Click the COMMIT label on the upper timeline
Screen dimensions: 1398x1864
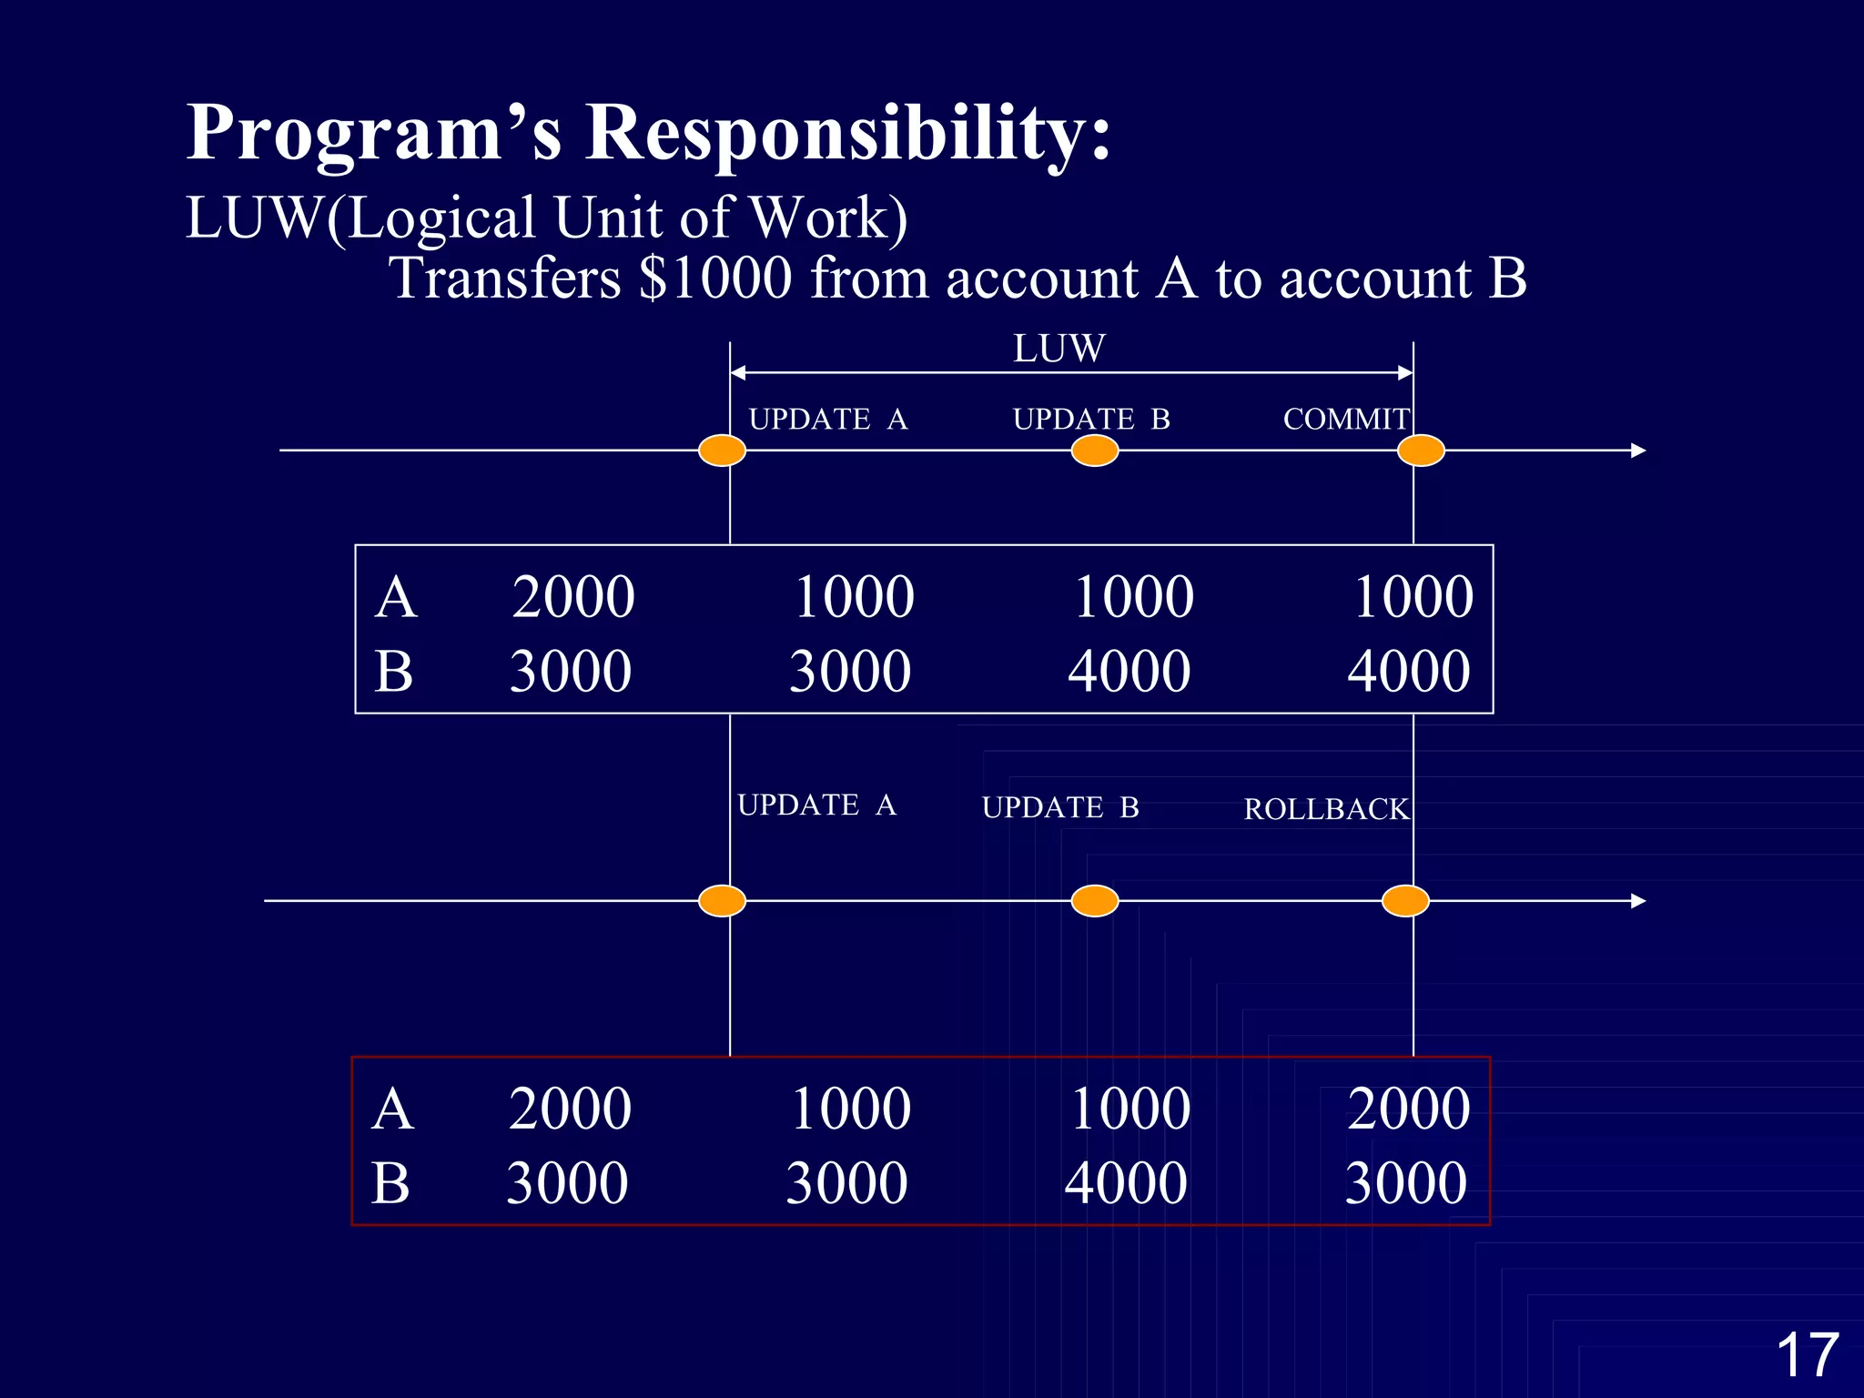[1346, 420]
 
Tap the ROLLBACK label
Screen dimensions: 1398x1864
[1326, 809]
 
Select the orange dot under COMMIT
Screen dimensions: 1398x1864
[1421, 451]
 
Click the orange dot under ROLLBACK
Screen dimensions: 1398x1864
[1405, 901]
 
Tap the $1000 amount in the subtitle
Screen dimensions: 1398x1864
[715, 278]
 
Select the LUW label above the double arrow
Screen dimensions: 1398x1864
[1059, 349]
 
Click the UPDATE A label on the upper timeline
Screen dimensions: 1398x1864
[827, 420]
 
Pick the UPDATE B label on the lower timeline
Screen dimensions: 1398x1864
[1060, 808]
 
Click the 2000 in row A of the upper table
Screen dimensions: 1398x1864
[573, 598]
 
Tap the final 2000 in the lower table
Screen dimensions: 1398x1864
[1409, 1109]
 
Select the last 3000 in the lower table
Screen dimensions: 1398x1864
[1406, 1183]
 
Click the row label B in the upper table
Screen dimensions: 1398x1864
[394, 673]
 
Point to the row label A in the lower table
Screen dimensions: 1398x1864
[393, 1109]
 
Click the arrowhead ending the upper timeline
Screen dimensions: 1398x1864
[1638, 451]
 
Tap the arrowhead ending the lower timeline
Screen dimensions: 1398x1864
[1638, 901]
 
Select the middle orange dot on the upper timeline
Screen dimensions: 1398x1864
[1095, 451]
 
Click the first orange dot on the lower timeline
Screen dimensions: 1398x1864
[723, 901]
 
